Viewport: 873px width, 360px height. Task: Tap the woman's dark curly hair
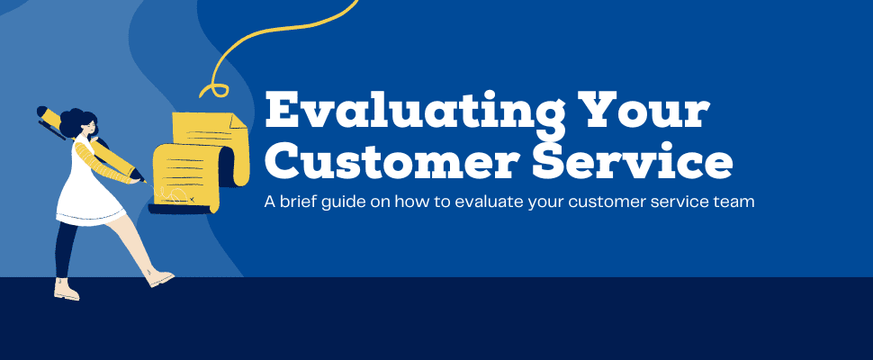click(76, 121)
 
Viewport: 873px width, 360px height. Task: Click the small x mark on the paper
click(192, 199)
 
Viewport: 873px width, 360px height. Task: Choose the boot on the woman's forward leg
click(160, 278)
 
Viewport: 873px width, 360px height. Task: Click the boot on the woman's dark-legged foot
click(66, 290)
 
